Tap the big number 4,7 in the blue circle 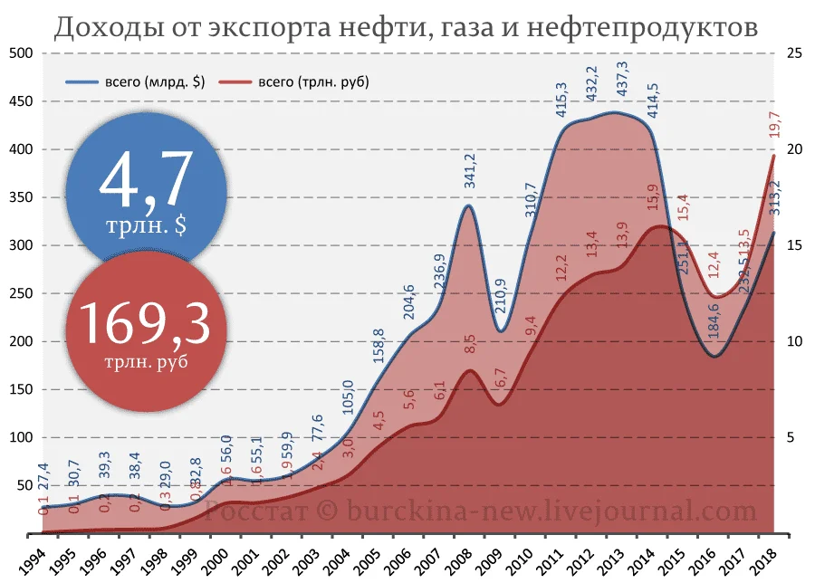(146, 182)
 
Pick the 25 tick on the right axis (797, 53)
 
